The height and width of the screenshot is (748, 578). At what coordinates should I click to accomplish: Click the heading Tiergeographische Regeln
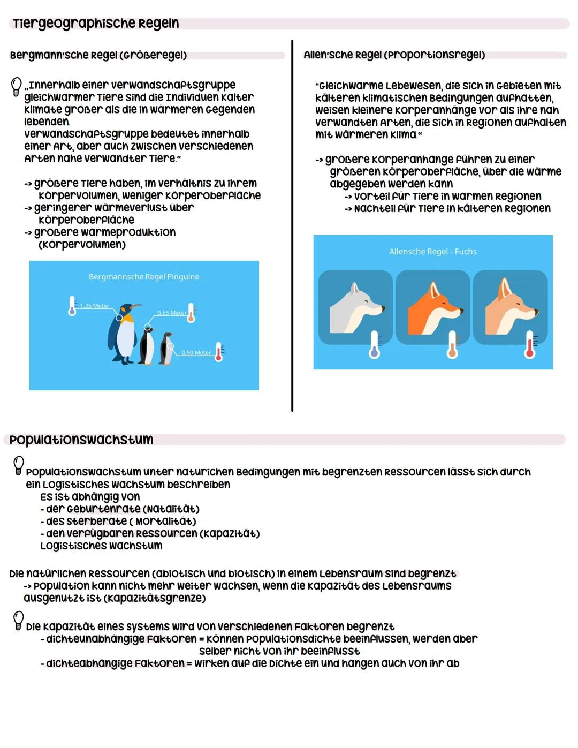click(96, 24)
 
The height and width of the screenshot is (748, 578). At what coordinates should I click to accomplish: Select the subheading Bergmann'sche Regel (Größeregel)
click(98, 55)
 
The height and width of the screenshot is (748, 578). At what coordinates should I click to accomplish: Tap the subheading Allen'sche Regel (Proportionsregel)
click(394, 55)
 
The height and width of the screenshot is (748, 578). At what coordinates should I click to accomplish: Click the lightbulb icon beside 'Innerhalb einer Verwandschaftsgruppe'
click(17, 87)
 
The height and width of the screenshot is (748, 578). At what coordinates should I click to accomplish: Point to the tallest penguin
click(124, 334)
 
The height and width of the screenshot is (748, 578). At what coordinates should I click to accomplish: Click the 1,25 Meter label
click(95, 306)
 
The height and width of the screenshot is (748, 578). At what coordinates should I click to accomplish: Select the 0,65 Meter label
click(171, 313)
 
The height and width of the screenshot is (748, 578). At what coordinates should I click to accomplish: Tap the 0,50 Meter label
click(196, 353)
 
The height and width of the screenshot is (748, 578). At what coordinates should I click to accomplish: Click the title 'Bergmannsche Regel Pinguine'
click(144, 277)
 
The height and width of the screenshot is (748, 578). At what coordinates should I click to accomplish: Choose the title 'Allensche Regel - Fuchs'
click(432, 252)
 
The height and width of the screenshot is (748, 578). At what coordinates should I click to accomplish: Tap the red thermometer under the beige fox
click(530, 345)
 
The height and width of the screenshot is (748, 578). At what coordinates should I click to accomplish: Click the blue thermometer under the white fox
click(374, 345)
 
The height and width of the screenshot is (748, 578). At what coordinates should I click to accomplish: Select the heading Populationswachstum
click(81, 440)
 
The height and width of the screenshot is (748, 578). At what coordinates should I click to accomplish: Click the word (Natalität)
click(171, 509)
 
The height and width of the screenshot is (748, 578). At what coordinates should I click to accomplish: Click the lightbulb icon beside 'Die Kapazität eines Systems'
click(19, 621)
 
